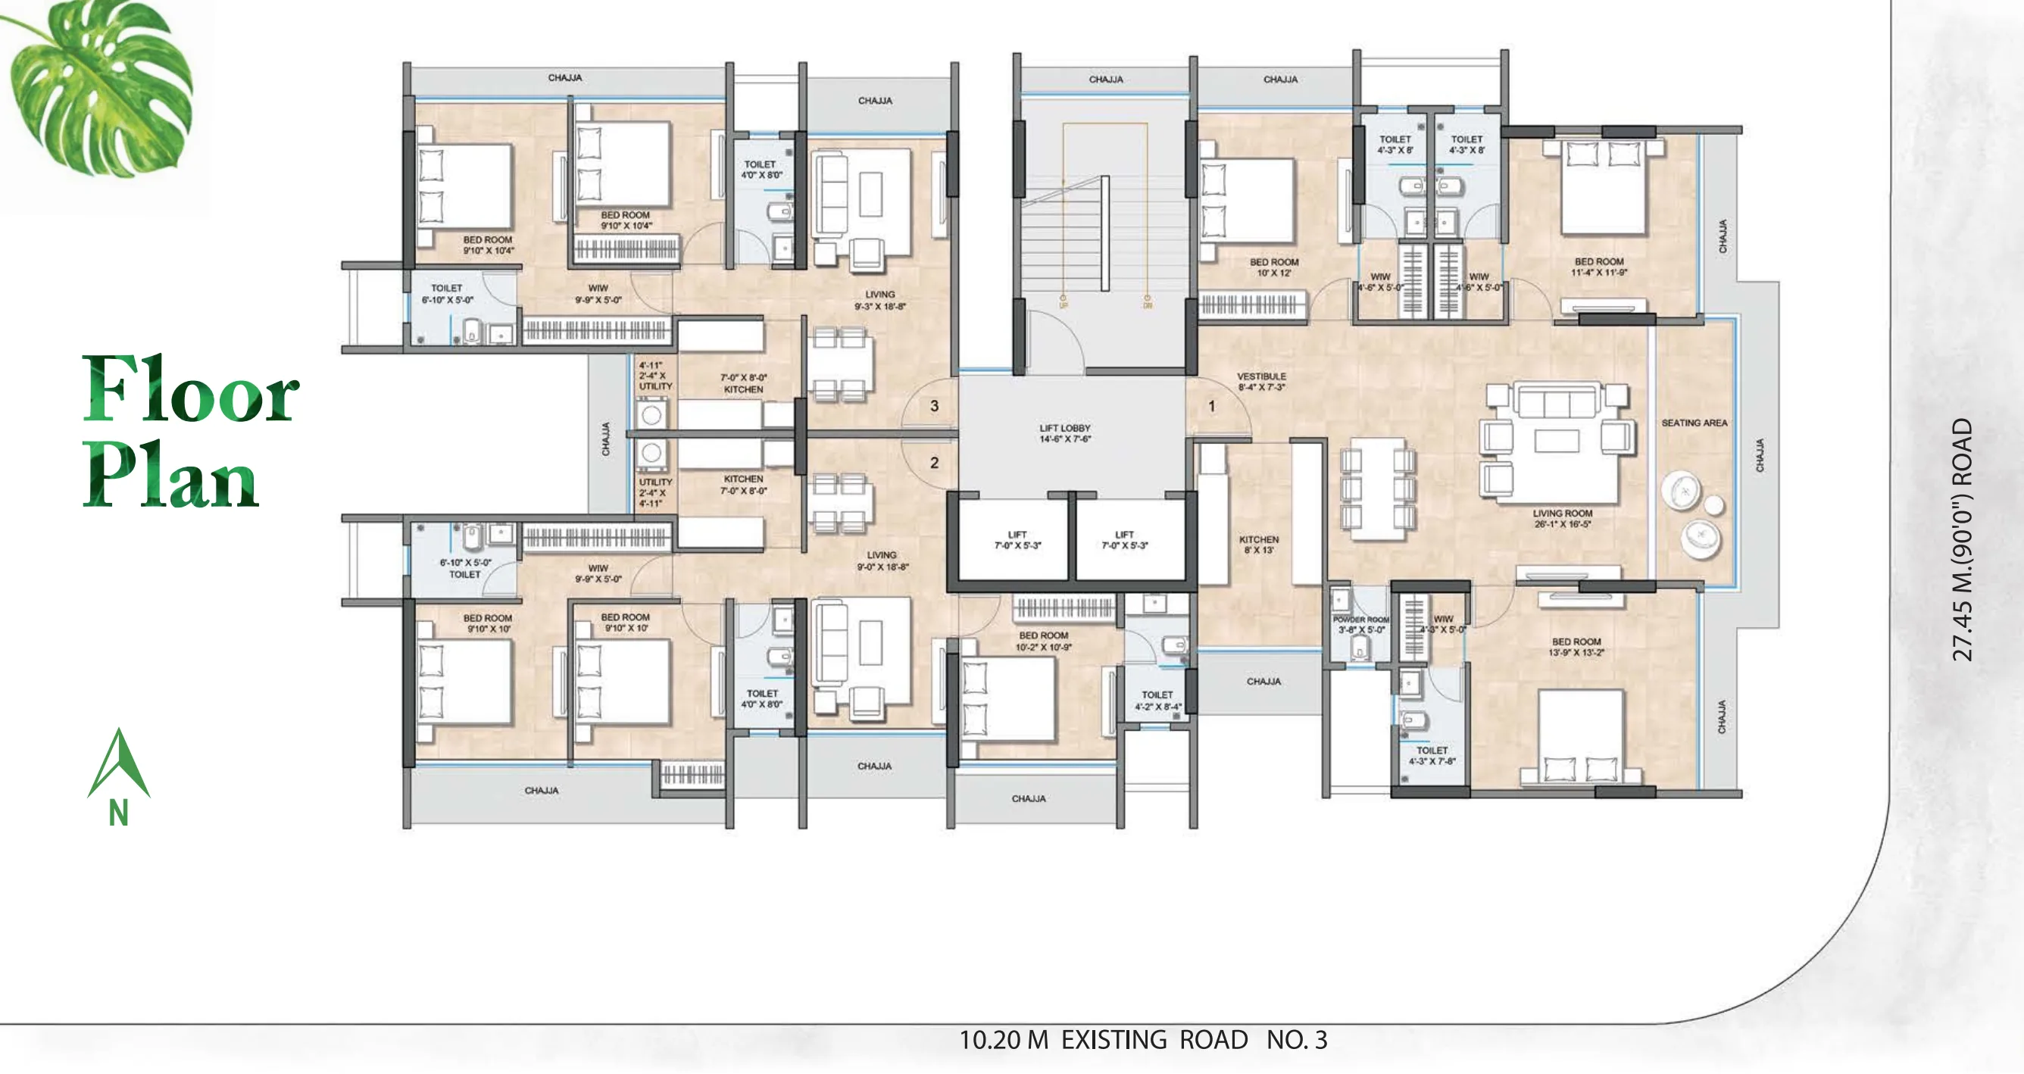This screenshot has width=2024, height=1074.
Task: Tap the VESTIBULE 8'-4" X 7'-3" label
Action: (1261, 382)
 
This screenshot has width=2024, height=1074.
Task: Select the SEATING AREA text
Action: (1694, 423)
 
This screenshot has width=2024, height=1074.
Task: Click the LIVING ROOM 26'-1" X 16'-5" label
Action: (1562, 519)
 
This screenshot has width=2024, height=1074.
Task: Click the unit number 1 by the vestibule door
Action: (1211, 406)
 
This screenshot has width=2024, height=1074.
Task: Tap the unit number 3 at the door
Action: (934, 406)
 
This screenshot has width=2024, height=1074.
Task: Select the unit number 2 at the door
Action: (934, 463)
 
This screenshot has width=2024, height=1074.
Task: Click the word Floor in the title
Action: (190, 391)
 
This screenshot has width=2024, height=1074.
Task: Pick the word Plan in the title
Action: (170, 475)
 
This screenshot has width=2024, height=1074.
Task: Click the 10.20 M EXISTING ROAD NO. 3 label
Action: (1143, 1040)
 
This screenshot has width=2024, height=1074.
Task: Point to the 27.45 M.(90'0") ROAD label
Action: (1962, 539)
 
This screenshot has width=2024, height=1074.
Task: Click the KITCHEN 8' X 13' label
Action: (1259, 545)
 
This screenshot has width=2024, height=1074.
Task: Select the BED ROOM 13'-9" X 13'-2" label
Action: (1576, 647)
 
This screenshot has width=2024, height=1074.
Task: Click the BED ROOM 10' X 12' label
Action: (1273, 267)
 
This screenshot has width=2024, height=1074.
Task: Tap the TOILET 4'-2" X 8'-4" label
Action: (1157, 701)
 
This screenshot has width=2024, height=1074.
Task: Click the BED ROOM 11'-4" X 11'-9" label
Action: (1599, 267)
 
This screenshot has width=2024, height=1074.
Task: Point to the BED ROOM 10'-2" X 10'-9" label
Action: (1043, 641)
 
